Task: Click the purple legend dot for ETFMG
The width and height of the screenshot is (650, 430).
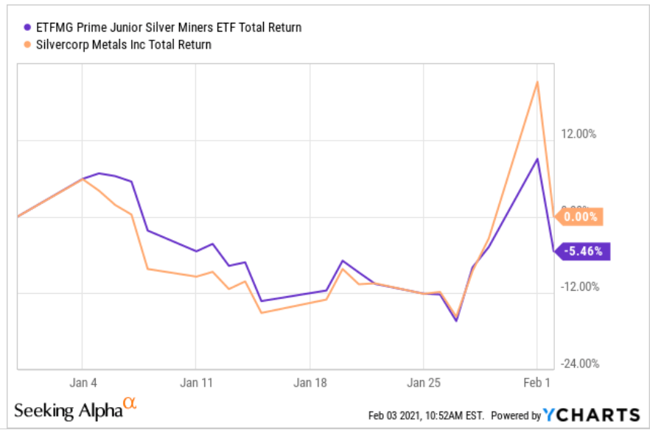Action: (x=27, y=28)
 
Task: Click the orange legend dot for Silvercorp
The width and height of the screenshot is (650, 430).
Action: (x=27, y=45)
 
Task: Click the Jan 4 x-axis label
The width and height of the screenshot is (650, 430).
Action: (x=82, y=383)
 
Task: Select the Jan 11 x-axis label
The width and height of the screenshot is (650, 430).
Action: (x=195, y=383)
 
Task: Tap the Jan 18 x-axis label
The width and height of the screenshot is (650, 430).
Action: (x=309, y=383)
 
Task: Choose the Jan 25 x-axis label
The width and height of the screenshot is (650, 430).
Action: (x=423, y=383)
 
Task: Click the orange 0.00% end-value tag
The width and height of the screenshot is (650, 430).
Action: (x=581, y=216)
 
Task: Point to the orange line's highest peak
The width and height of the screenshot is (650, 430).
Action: (x=538, y=82)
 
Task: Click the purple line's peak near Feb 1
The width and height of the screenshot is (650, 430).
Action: (x=538, y=159)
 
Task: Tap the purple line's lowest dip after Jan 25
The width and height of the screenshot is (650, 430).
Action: (x=456, y=320)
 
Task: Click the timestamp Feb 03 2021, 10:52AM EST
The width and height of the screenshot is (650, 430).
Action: (x=427, y=415)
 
